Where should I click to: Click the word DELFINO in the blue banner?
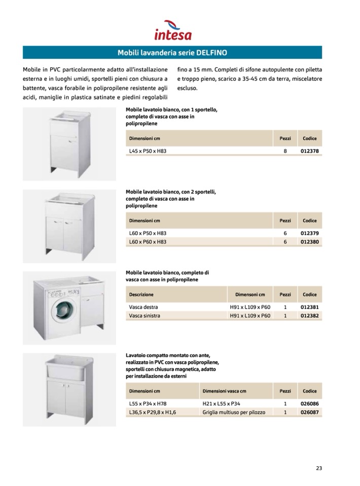[211, 52]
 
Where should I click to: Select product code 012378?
[309, 151]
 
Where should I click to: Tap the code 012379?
[309, 233]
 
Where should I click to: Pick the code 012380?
[309, 242]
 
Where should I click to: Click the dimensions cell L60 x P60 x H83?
[148, 242]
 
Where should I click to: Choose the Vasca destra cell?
[143, 307]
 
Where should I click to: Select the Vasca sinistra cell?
[145, 316]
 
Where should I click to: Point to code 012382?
[309, 316]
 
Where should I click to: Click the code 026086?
[309, 403]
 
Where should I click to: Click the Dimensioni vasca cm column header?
[224, 391]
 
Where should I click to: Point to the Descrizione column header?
[141, 294]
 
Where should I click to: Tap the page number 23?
[318, 468]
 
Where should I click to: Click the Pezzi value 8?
[285, 151]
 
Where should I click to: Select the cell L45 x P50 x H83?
[148, 151]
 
